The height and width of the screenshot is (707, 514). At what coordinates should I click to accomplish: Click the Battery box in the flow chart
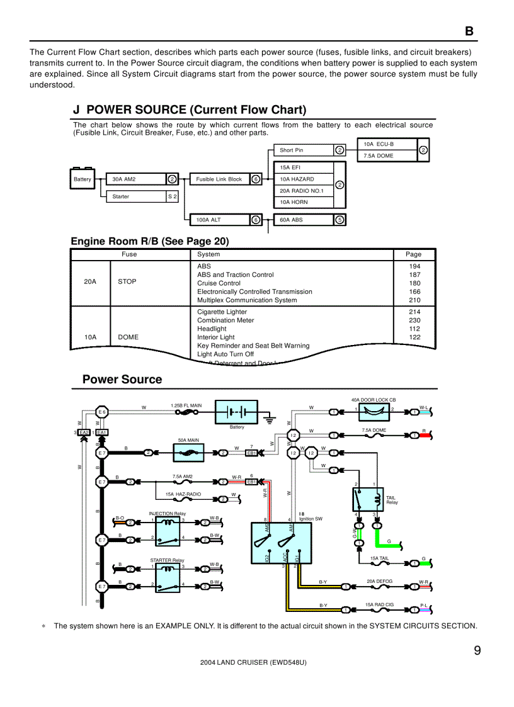click(83, 179)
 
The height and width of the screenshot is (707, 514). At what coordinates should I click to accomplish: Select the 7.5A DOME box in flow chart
click(386, 156)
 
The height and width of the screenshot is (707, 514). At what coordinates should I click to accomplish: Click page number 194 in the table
click(414, 266)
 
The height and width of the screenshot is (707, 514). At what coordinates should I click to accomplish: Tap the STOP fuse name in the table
click(127, 281)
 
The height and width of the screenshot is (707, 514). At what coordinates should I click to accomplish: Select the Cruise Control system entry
click(219, 283)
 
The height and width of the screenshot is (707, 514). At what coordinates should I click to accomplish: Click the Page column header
click(414, 254)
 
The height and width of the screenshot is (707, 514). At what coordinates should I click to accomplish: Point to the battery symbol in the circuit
click(237, 412)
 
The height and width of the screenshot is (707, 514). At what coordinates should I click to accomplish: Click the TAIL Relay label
click(392, 500)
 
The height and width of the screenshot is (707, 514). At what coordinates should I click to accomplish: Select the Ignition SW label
click(311, 519)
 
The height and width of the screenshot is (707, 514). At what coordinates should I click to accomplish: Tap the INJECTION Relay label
click(167, 513)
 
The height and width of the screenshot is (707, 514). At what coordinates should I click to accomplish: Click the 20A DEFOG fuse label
click(379, 581)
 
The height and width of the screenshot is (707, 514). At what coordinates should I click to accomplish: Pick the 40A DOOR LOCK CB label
click(373, 400)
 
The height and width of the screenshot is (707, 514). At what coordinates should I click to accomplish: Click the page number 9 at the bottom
click(477, 651)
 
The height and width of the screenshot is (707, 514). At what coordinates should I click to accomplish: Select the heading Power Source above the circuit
click(122, 379)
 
